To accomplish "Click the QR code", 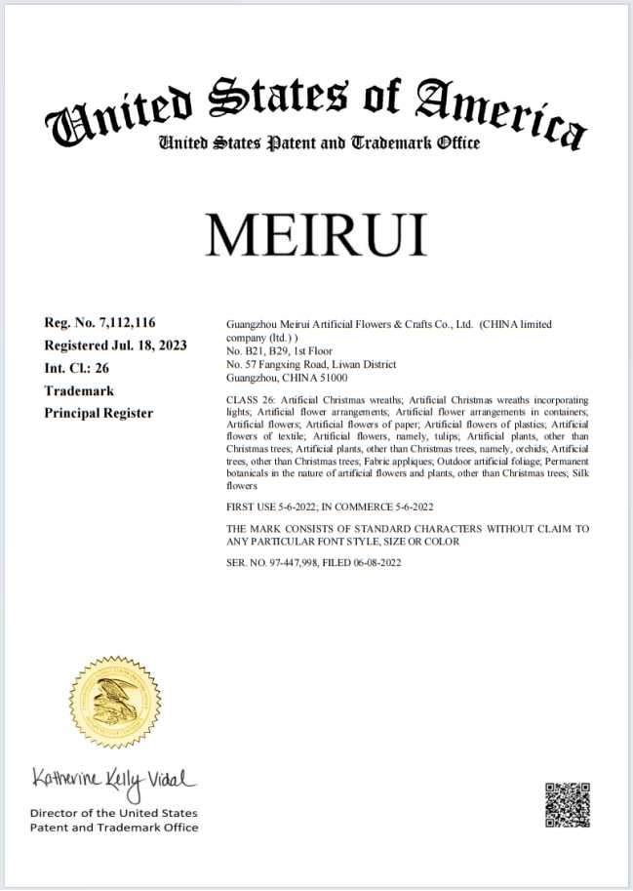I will (567, 804).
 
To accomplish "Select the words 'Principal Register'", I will (99, 413).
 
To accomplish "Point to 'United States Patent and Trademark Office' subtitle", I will (319, 143).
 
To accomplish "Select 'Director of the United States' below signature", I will (113, 813).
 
